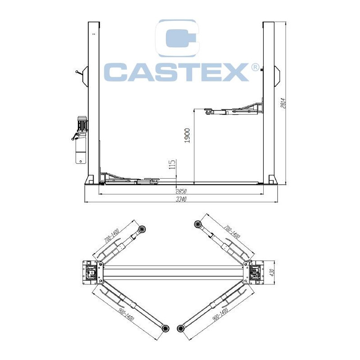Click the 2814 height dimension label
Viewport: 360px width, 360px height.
point(283,103)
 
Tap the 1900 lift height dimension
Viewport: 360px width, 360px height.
point(187,136)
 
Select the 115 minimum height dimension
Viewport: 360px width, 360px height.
point(172,164)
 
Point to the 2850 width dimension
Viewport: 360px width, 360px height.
point(181,191)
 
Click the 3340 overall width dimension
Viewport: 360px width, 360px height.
point(181,199)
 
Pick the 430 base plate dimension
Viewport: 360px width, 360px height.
point(272,273)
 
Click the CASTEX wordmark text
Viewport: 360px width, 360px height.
point(176,72)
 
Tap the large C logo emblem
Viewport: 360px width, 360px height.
point(176,38)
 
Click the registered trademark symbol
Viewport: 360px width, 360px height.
point(255,67)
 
